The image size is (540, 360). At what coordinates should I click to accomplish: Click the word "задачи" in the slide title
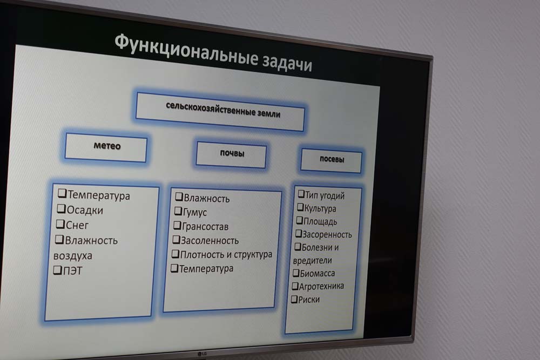[287, 62]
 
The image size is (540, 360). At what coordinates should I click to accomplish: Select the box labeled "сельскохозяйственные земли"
[220, 112]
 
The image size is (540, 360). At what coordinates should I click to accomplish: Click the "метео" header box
[106, 147]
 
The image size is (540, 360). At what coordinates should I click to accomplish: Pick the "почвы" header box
[232, 154]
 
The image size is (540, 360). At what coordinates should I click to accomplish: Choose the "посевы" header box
[332, 160]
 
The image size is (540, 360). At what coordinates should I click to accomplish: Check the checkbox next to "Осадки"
[61, 208]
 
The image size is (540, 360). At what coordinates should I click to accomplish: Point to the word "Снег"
[77, 226]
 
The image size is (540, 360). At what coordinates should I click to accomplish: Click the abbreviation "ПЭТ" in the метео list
[73, 271]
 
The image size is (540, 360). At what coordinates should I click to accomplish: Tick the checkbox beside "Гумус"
[178, 210]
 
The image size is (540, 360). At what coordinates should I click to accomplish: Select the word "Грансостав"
[205, 227]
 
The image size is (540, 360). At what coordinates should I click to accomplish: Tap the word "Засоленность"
[210, 241]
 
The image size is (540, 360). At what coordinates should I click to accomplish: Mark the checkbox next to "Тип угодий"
[301, 194]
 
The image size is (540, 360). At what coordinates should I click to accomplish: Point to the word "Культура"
[320, 208]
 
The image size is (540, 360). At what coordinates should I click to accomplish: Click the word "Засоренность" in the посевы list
[327, 235]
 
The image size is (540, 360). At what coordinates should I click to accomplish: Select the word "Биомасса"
[317, 274]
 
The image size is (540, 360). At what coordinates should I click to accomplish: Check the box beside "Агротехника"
[295, 286]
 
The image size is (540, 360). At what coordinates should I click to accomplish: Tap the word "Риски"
[309, 300]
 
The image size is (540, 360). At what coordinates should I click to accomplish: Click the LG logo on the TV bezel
[202, 354]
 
